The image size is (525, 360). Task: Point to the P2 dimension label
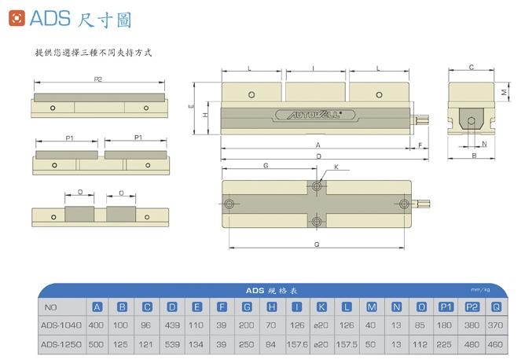99,79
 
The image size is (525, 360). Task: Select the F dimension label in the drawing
421,145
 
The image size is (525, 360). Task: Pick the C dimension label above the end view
470,68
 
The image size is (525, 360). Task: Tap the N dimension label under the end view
484,145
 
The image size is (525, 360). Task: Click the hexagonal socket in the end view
470,122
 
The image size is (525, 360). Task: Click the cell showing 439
172,325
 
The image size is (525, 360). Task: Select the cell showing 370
496,325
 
